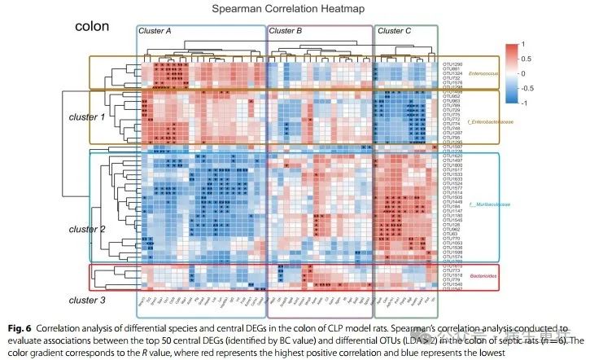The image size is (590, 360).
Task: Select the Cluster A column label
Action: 155,30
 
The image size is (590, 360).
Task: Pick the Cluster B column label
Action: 285,30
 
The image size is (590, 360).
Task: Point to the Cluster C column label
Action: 395,30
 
